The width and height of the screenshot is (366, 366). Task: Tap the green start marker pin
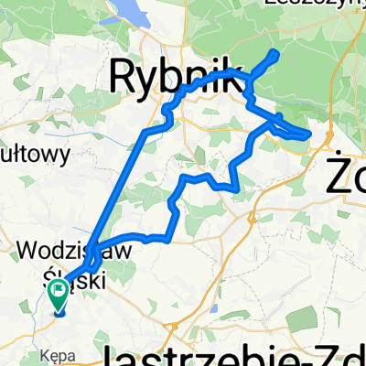pos(59,295)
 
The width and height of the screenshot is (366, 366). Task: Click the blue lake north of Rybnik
pos(137,11)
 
